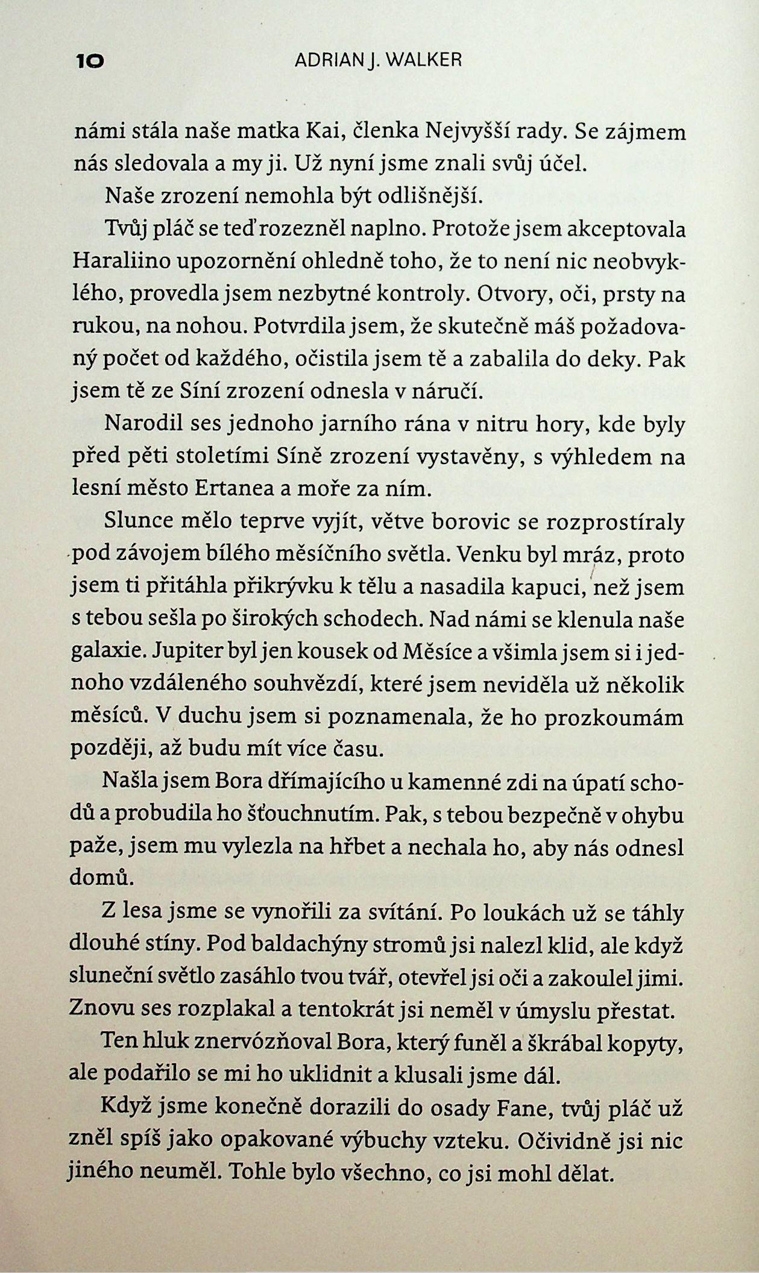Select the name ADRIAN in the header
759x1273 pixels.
click(x=326, y=60)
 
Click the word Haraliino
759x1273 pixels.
click(x=122, y=262)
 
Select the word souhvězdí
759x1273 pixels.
click(x=307, y=685)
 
